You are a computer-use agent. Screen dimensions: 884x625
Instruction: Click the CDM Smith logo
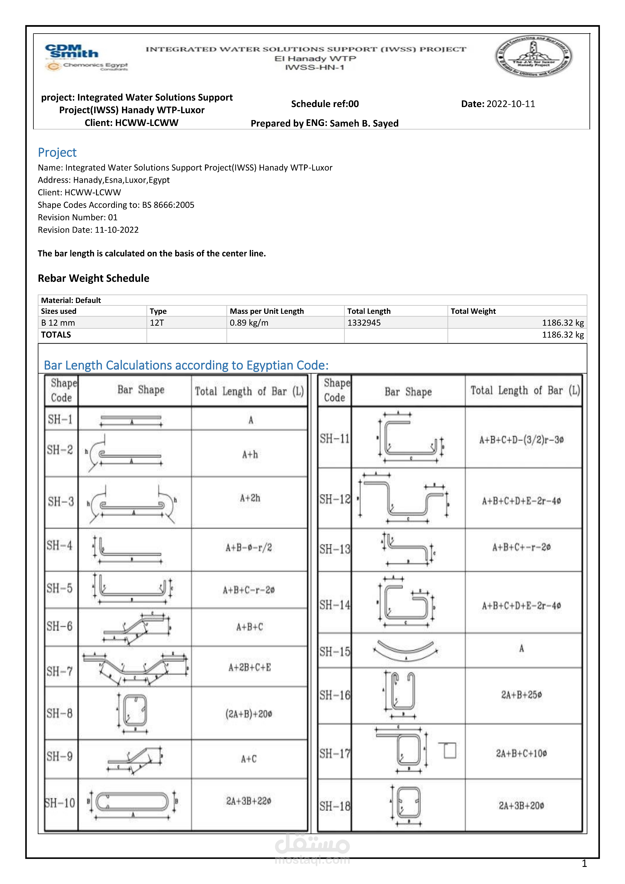click(x=72, y=52)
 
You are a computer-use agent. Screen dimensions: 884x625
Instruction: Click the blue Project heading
click(x=57, y=152)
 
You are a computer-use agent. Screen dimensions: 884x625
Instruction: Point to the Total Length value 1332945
click(x=364, y=323)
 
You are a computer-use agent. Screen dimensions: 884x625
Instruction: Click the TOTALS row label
click(x=56, y=335)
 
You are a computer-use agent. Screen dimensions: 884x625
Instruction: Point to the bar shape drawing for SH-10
click(x=132, y=803)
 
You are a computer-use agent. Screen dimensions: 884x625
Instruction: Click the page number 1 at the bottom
click(x=584, y=864)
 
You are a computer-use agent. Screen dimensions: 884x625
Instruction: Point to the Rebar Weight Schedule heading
click(x=94, y=278)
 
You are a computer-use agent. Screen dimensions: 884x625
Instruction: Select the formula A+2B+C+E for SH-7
click(x=250, y=667)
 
